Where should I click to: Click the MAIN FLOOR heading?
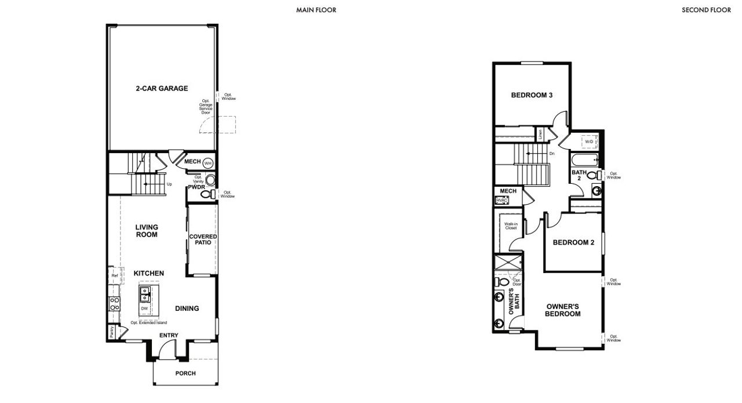click(316, 10)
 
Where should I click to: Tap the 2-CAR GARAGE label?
click(162, 89)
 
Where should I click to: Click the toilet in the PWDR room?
click(207, 195)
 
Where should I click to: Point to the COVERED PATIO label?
click(203, 240)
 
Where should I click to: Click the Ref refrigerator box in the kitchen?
click(114, 275)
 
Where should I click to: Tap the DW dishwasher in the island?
click(144, 308)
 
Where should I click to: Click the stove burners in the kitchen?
click(114, 303)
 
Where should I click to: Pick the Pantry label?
click(111, 332)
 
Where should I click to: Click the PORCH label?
click(185, 373)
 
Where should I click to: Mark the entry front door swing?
click(167, 349)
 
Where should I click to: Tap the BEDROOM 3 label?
click(531, 95)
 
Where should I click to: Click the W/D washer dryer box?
click(589, 141)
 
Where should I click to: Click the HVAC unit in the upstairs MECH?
click(502, 200)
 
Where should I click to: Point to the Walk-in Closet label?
click(510, 226)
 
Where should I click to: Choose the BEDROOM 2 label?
click(573, 242)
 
